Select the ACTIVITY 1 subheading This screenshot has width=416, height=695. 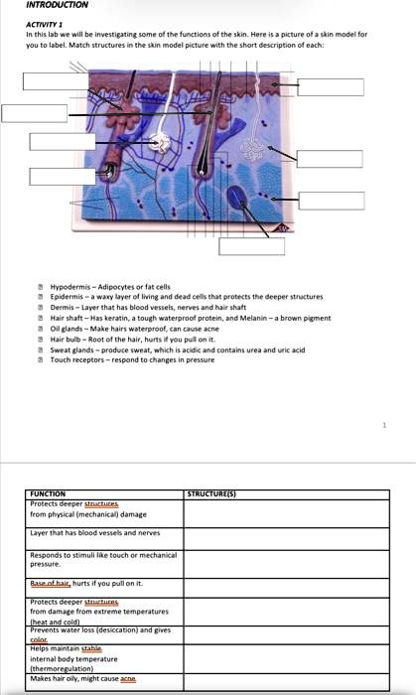(x=43, y=24)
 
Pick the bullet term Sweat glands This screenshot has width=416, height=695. (x=71, y=349)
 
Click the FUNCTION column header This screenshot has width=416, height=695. (x=48, y=493)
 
